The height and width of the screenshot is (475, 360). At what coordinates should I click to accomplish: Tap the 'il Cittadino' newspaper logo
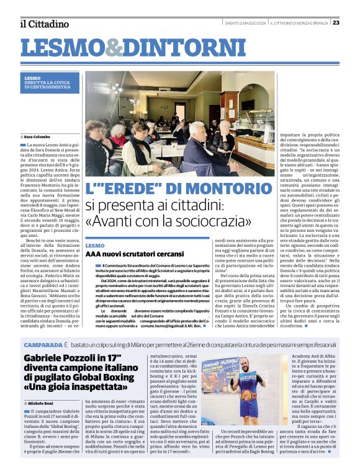[x=45, y=24]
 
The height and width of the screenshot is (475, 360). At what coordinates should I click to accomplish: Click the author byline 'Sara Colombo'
[x=38, y=136]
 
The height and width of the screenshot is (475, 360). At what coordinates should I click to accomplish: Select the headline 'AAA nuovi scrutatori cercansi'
[x=122, y=254]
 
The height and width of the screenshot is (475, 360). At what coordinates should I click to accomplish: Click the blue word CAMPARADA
[x=43, y=344]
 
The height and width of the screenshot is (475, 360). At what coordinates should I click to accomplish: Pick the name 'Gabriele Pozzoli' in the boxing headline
[x=60, y=358]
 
